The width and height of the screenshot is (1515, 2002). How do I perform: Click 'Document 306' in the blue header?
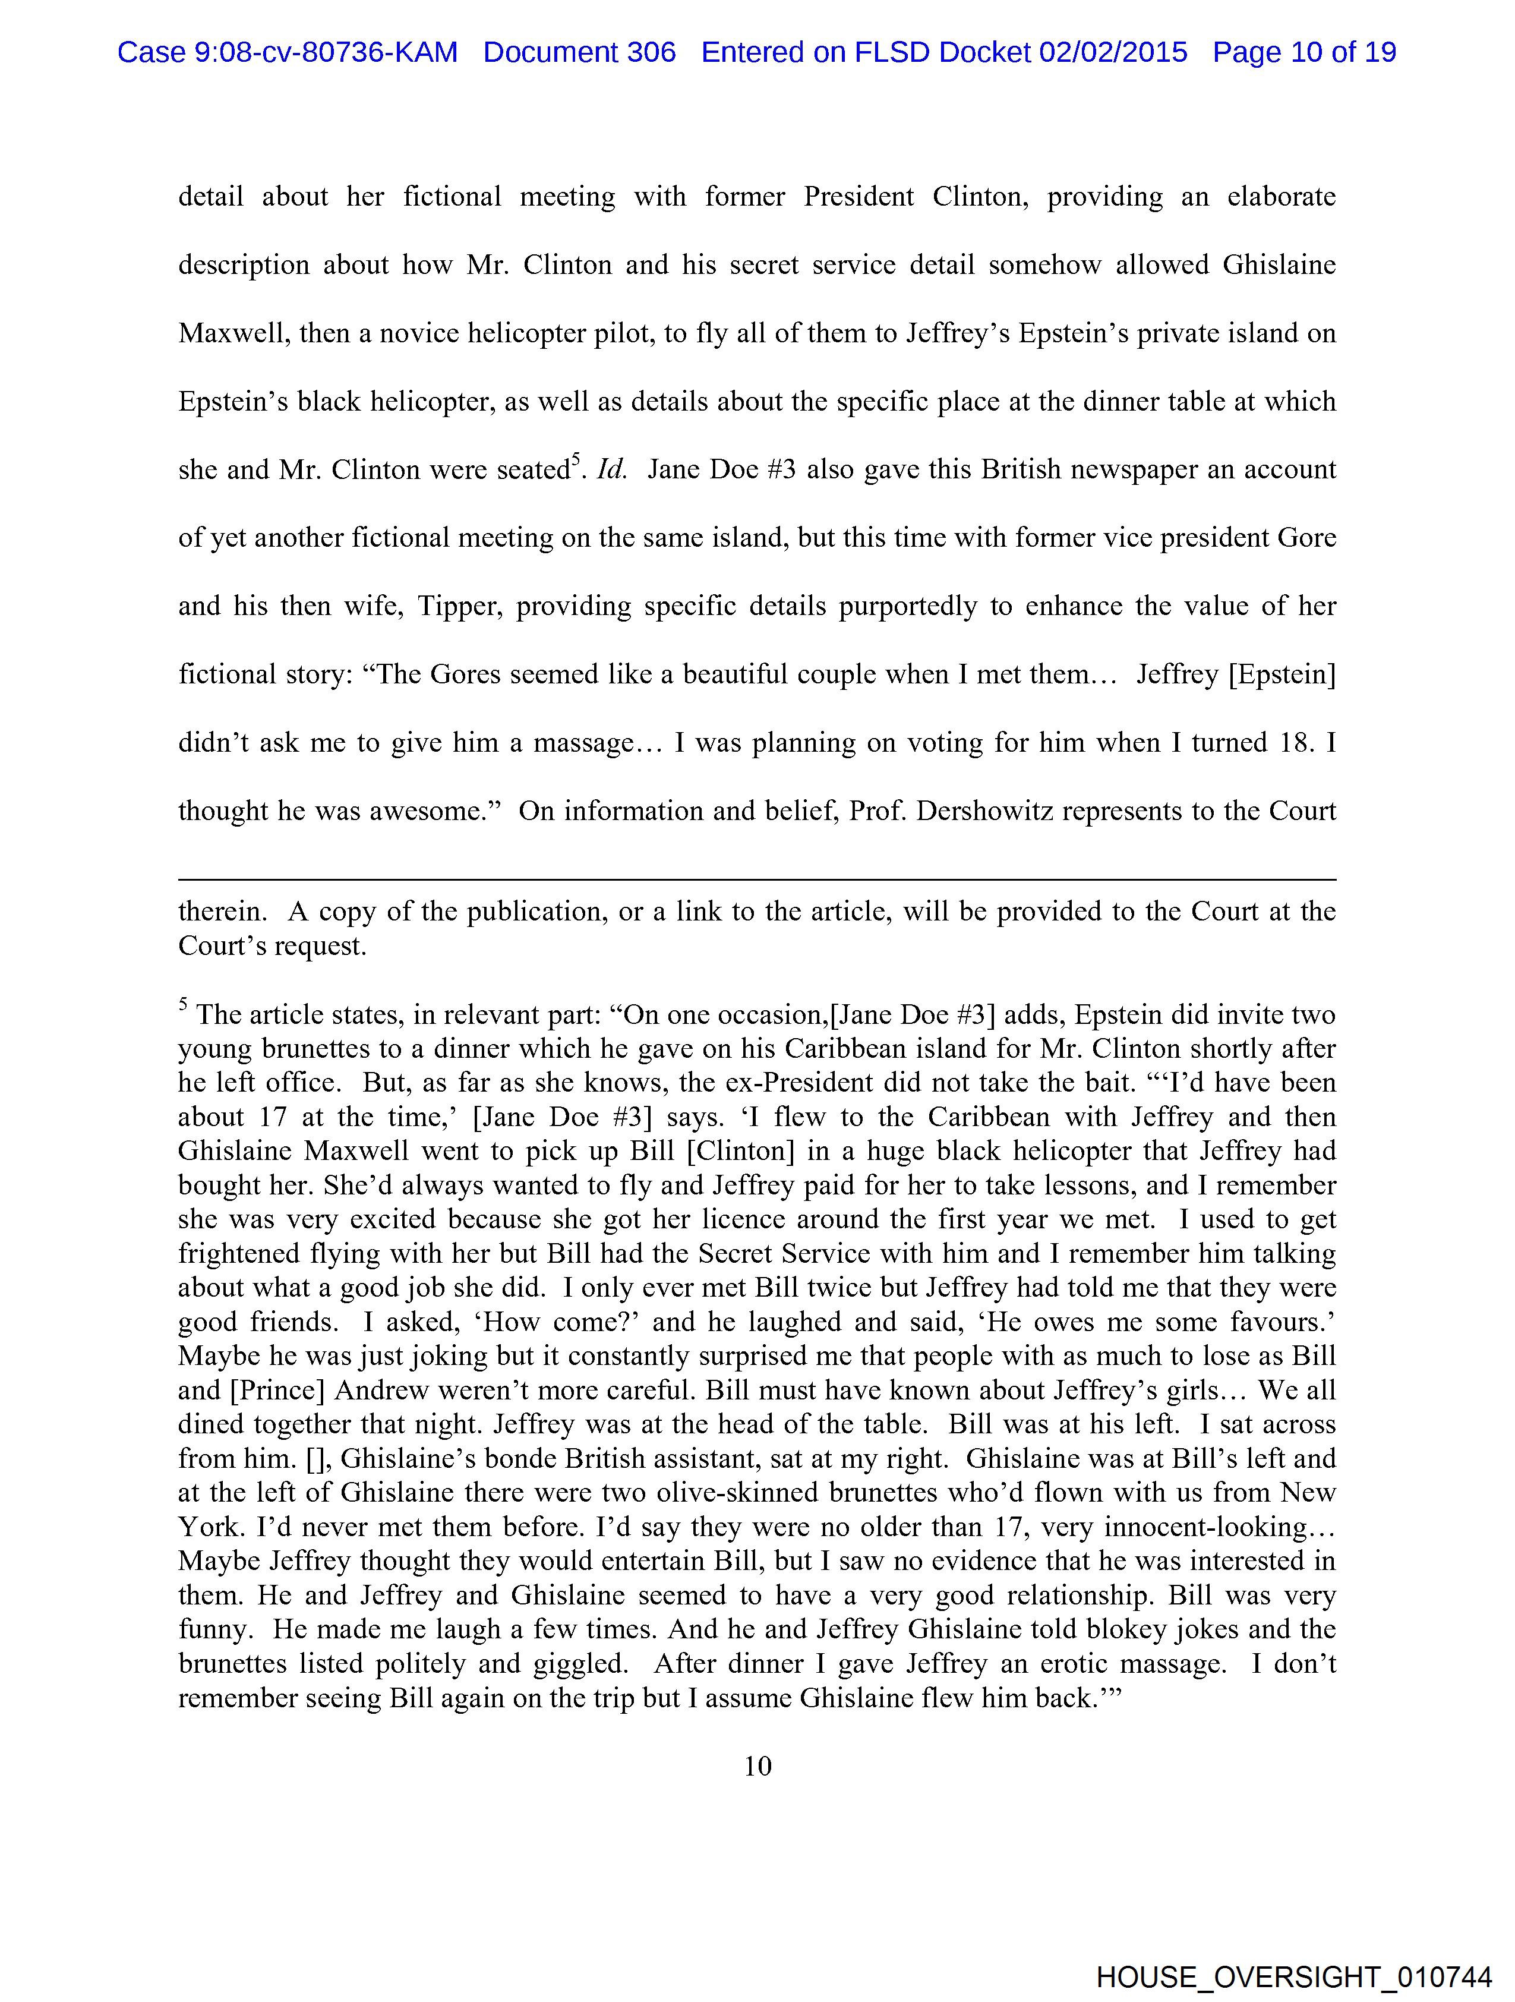pos(579,52)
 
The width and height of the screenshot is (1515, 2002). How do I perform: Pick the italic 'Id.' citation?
pos(612,469)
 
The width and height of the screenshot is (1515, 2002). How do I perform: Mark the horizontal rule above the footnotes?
pos(756,879)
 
